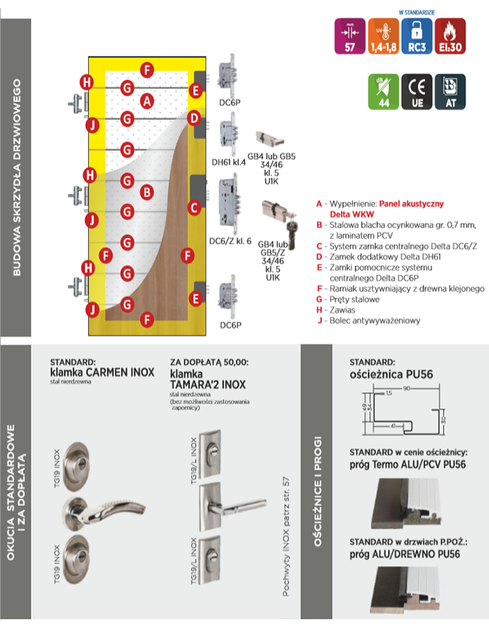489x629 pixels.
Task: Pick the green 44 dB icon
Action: pos(382,92)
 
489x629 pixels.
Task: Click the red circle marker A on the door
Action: pos(146,101)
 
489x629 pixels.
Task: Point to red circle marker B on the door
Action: pos(146,191)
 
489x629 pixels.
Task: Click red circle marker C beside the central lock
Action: pos(195,207)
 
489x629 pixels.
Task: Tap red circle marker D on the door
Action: pos(195,119)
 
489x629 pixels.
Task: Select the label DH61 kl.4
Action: pos(227,161)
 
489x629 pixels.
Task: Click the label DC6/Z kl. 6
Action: pos(230,242)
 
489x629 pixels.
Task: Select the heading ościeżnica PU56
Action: pos(391,375)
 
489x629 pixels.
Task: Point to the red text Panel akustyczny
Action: pos(412,203)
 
